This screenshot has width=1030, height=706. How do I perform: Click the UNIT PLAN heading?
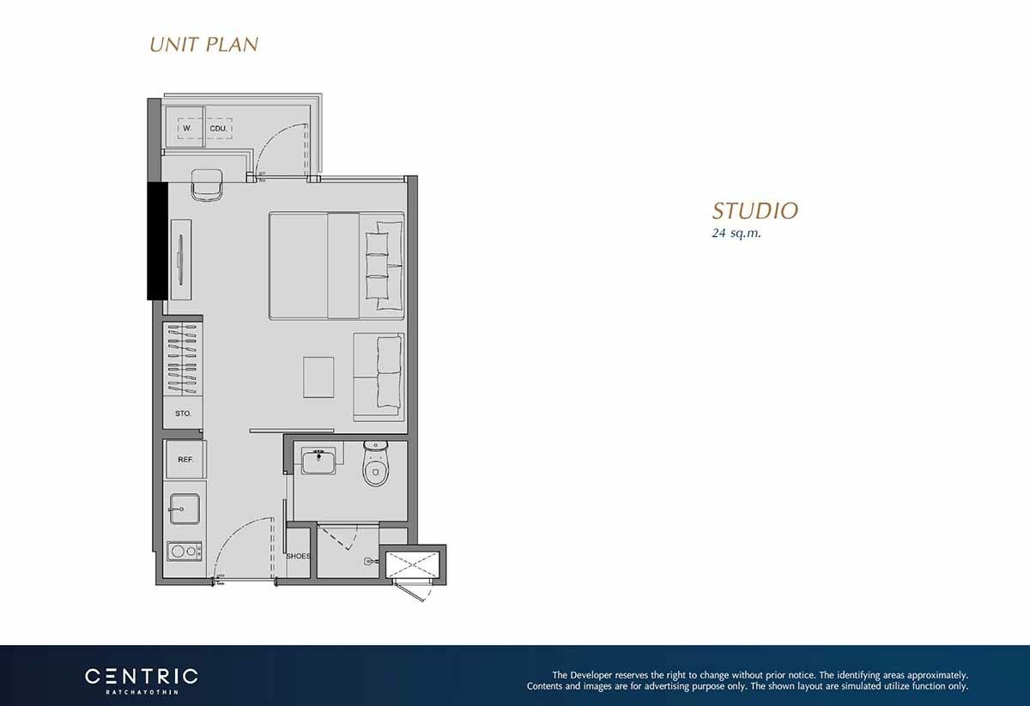(203, 45)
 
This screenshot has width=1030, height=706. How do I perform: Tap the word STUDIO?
(755, 210)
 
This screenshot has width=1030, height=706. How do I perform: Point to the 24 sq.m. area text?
(736, 233)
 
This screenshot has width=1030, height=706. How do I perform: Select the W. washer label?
(187, 128)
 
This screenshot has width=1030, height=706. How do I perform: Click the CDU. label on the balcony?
(218, 129)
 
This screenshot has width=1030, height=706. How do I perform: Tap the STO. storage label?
(183, 413)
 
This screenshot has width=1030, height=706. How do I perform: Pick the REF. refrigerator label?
(185, 460)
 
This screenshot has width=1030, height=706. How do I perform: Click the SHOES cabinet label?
(299, 556)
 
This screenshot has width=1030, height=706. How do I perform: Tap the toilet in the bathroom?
(376, 463)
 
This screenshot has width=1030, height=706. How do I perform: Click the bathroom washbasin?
(318, 461)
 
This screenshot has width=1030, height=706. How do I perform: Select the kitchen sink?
(185, 509)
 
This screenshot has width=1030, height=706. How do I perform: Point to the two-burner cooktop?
(184, 551)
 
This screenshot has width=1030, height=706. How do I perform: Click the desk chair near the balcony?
(207, 184)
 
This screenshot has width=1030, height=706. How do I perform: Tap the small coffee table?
(318, 377)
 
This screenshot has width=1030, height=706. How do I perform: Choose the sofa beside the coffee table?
(379, 377)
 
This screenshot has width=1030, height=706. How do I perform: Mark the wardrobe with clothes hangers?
(183, 360)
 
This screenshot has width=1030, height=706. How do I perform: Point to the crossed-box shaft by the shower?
(413, 564)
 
